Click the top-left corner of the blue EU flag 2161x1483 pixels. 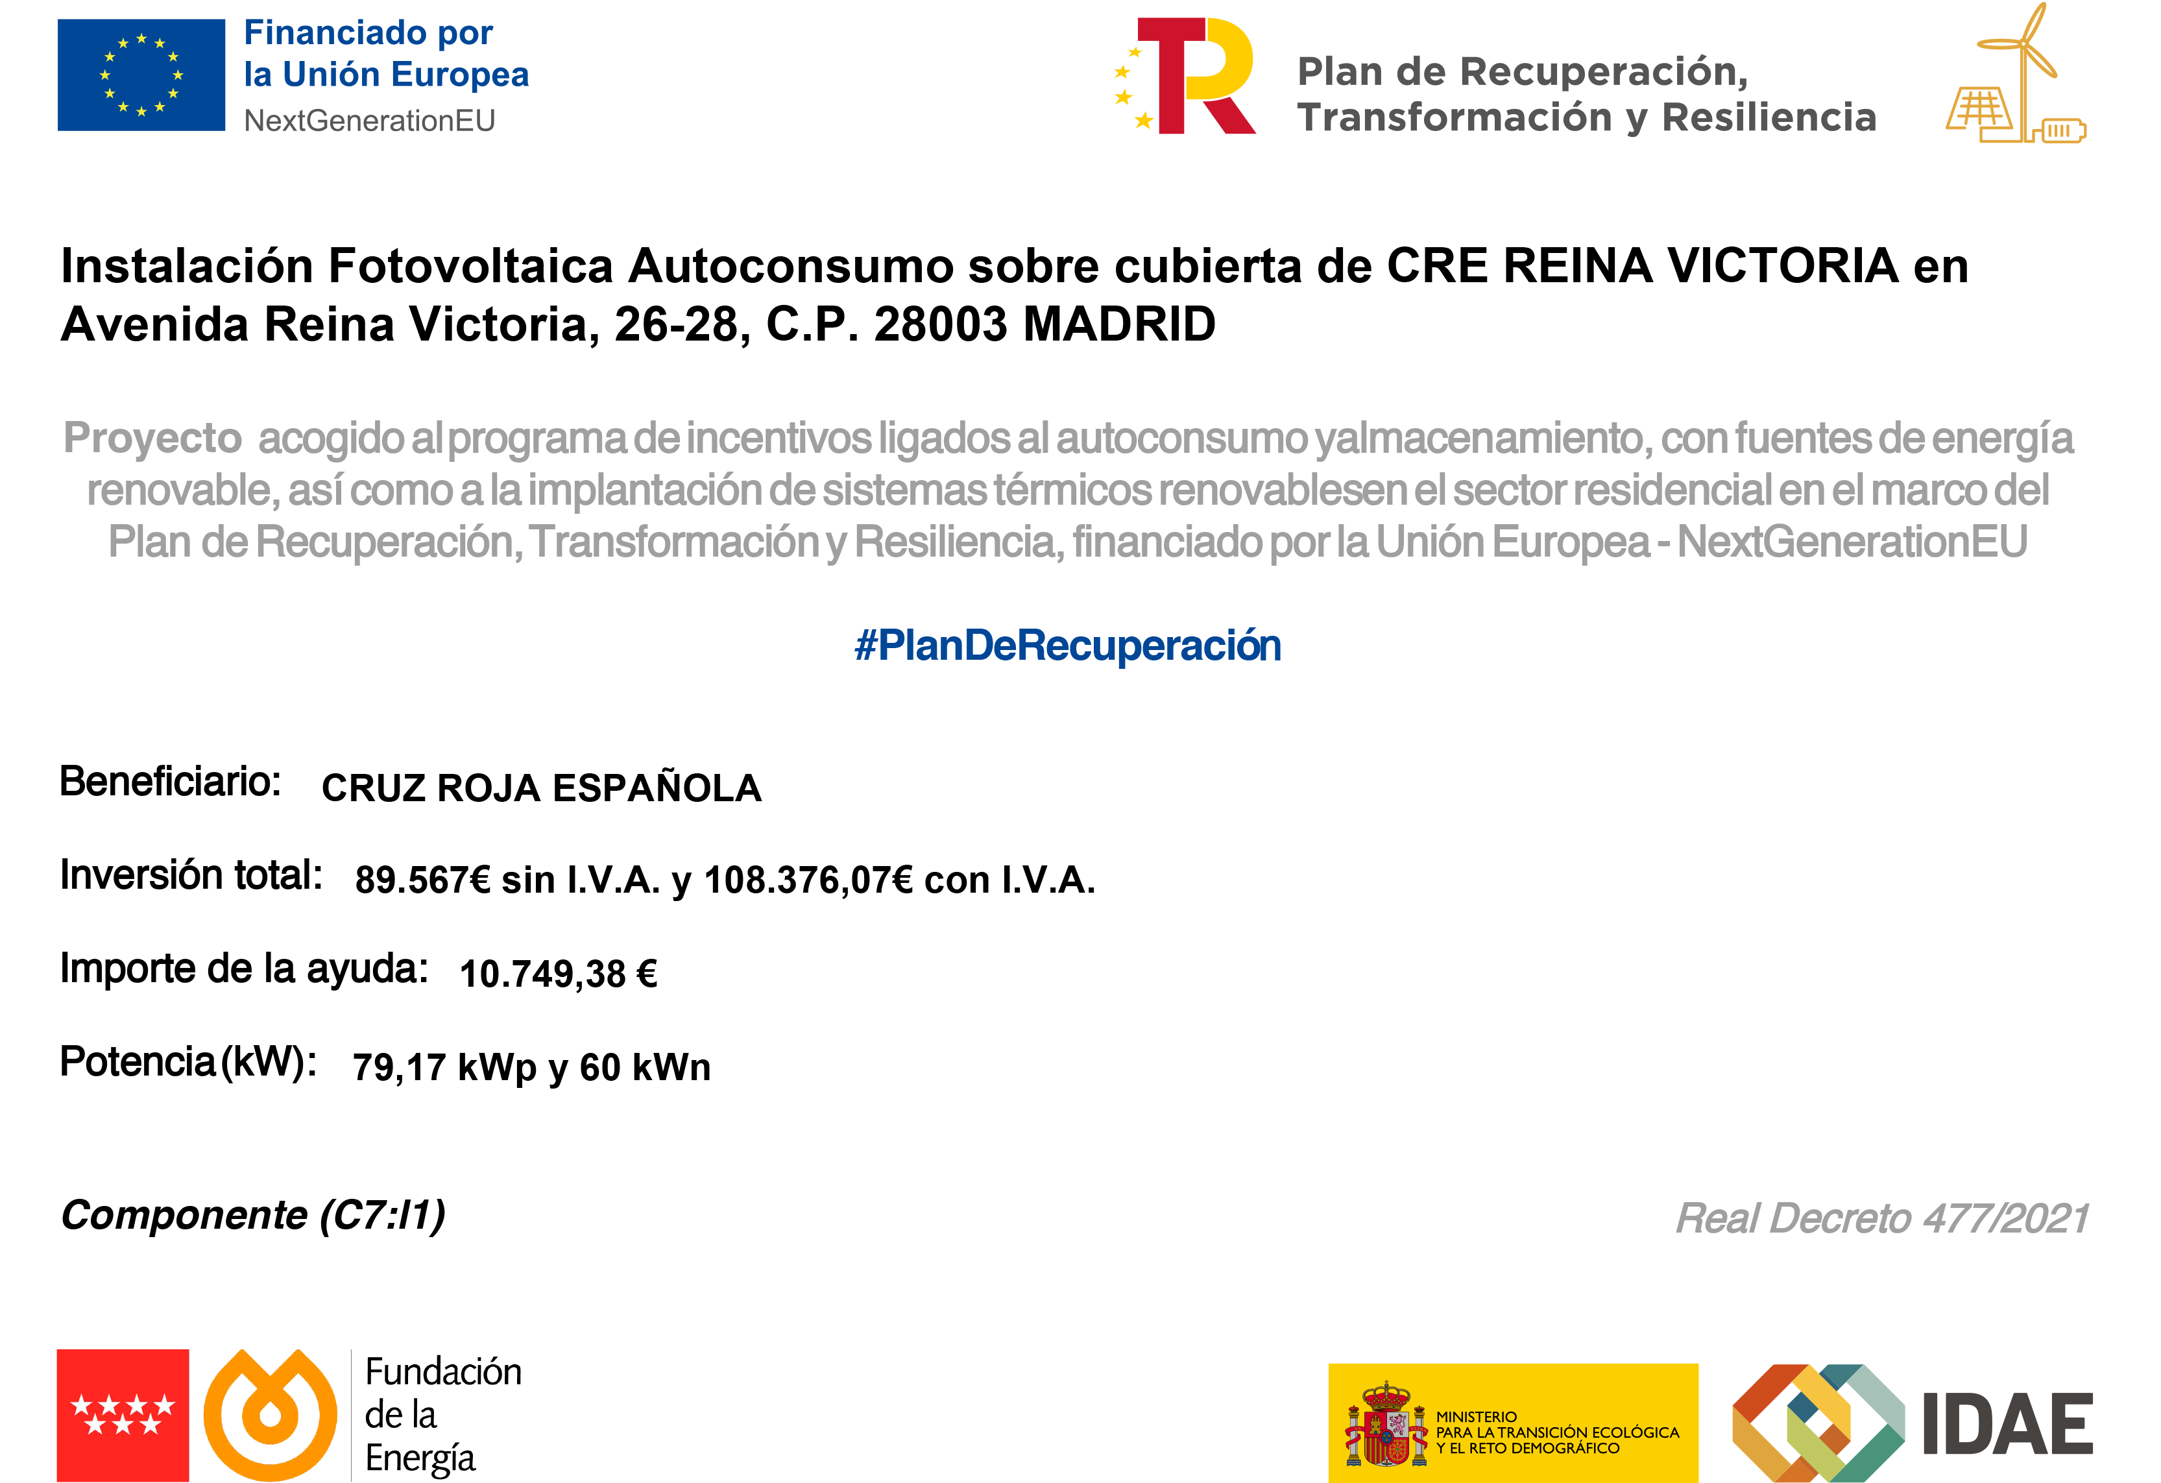tap(58, 19)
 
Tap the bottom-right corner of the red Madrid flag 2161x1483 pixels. tap(189, 1481)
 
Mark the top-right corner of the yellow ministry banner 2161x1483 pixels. tap(1698, 1364)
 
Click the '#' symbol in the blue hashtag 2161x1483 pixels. tap(865, 645)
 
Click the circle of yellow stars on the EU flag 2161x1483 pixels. tap(141, 75)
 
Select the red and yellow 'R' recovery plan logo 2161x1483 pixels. tap(1185, 77)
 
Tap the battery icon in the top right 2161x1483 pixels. tap(2060, 130)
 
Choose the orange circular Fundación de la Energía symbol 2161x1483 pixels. tap(270, 1415)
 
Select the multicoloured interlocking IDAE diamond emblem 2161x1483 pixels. tap(1819, 1423)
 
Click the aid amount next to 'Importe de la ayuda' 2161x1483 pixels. tap(559, 974)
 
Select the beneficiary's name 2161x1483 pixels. tap(541, 787)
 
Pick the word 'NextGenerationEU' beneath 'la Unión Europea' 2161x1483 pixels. tap(369, 121)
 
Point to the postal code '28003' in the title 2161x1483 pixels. tap(940, 324)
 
